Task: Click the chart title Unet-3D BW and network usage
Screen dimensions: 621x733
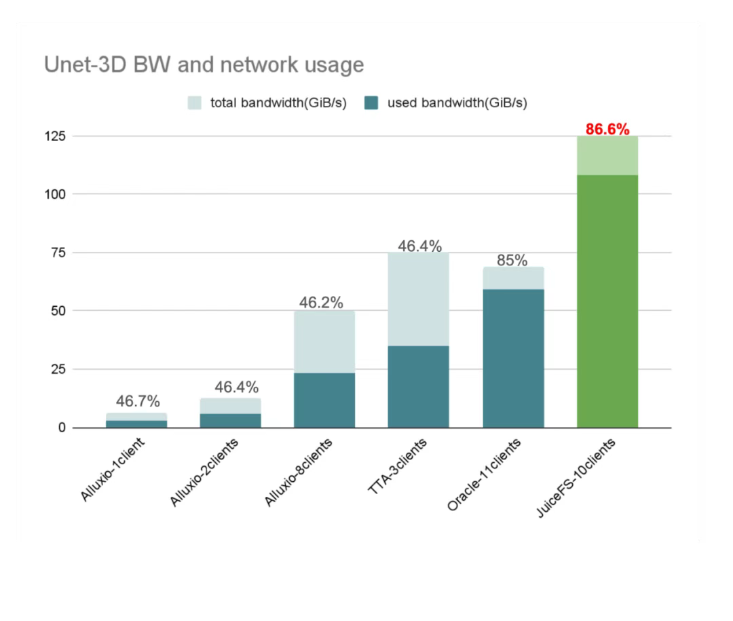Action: [x=204, y=64]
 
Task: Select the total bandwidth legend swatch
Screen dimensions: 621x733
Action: [x=195, y=103]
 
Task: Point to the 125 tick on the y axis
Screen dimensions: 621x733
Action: [x=56, y=136]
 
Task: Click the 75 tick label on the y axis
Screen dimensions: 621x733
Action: [x=59, y=252]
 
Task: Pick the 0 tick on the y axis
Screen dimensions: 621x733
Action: [x=62, y=428]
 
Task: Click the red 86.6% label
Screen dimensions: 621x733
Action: [x=607, y=129]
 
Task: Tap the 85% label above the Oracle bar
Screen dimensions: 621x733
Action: [x=512, y=260]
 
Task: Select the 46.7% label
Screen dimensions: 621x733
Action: [x=137, y=402]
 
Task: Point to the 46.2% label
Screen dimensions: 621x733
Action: [x=321, y=303]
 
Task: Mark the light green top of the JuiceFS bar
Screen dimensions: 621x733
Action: [x=607, y=155]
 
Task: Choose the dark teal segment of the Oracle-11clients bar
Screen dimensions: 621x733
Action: [x=513, y=358]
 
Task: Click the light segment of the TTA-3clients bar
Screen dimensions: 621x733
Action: [x=418, y=299]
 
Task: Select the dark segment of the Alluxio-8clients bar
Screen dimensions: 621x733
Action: [x=324, y=400]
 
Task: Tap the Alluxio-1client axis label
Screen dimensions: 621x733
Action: [x=113, y=470]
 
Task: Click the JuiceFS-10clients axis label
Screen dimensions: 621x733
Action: [x=576, y=478]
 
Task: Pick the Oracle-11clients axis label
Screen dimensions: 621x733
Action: [x=484, y=475]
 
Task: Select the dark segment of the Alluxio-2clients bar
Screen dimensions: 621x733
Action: [x=230, y=421]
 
